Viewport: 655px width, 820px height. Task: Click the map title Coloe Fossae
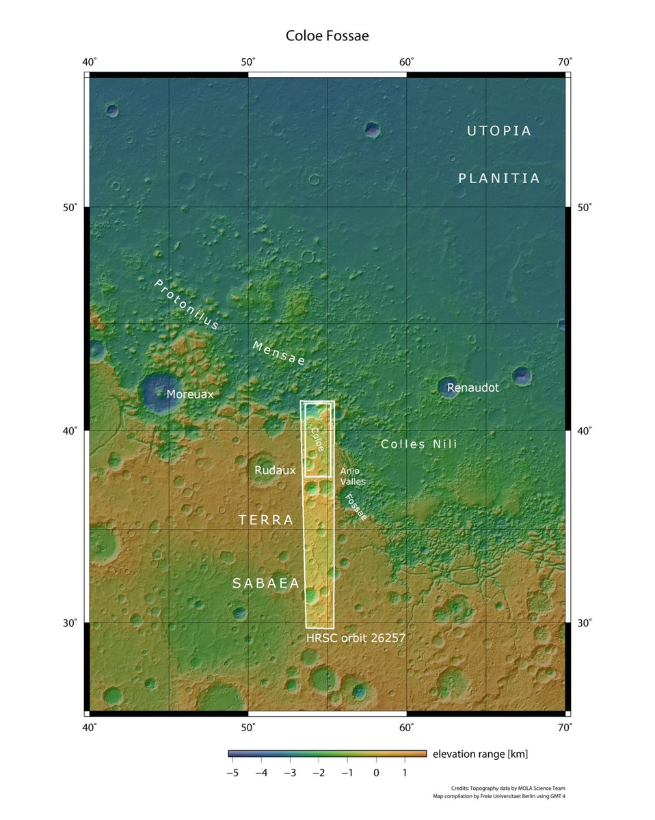point(327,36)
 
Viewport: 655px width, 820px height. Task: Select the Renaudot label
point(473,387)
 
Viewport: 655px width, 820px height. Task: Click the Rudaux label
point(275,470)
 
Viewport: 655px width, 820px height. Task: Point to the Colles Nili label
point(418,444)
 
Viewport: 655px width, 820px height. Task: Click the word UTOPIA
point(499,131)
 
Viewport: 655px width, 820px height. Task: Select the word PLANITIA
point(499,178)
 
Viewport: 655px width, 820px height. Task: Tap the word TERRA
point(266,520)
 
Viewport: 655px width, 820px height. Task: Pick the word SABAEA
point(266,583)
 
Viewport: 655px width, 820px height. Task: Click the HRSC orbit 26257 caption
point(356,638)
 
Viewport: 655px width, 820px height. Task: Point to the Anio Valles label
point(353,476)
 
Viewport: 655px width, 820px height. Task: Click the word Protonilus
point(186,304)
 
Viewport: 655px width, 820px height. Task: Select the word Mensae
point(279,353)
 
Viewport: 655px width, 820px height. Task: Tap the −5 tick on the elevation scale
point(230,772)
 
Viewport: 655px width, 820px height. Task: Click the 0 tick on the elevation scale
point(375,772)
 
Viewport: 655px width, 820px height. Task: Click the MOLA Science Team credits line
point(508,788)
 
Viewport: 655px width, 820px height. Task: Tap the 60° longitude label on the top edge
point(406,62)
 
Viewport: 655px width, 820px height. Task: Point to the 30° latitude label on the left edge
point(70,623)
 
